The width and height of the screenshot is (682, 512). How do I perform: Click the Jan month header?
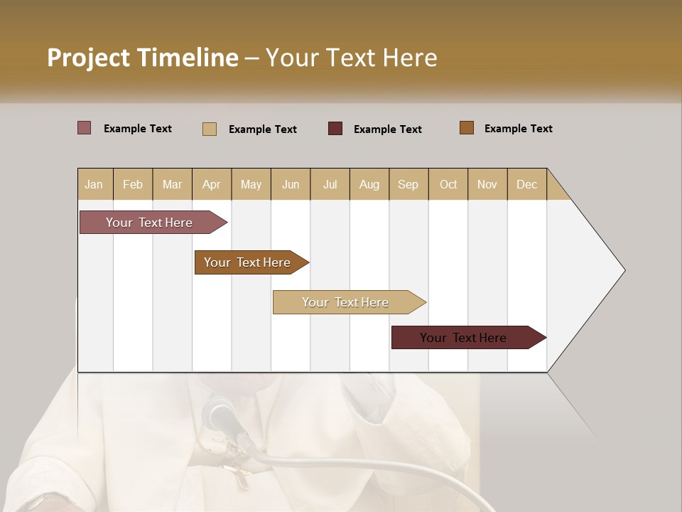pyautogui.click(x=94, y=184)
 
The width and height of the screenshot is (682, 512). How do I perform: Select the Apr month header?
pyautogui.click(x=211, y=184)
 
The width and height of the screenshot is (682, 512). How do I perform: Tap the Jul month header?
pyautogui.click(x=330, y=184)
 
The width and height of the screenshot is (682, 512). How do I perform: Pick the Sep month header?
pyautogui.click(x=408, y=184)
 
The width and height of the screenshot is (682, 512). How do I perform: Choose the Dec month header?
pyautogui.click(x=526, y=184)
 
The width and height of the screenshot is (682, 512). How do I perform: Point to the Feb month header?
pyautogui.click(x=133, y=184)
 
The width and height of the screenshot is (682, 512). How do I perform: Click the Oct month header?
pyautogui.click(x=448, y=184)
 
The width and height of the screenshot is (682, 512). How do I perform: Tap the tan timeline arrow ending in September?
pyautogui.click(x=347, y=302)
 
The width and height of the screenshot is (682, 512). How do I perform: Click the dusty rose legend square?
pyautogui.click(x=85, y=128)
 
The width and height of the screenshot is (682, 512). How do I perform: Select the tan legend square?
pyautogui.click(x=210, y=129)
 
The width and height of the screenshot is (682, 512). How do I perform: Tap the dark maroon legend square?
pyautogui.click(x=335, y=128)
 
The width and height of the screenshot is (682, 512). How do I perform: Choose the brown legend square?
pyautogui.click(x=467, y=128)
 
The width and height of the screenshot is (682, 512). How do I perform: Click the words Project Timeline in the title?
pyautogui.click(x=143, y=58)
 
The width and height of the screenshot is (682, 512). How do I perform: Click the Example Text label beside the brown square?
pyautogui.click(x=518, y=128)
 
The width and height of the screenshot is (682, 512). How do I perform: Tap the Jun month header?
pyautogui.click(x=291, y=184)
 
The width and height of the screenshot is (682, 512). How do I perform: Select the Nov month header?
pyautogui.click(x=487, y=184)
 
